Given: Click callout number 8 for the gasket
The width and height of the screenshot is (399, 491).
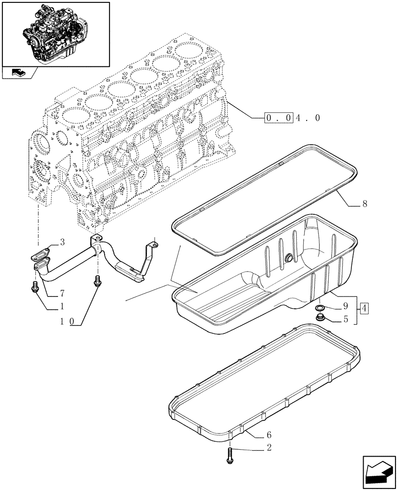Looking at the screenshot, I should [364, 204].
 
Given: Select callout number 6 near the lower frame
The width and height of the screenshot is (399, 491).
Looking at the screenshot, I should [268, 434].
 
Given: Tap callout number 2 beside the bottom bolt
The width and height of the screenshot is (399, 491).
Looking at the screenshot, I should [268, 447].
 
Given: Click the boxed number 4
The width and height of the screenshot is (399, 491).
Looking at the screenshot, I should [364, 309].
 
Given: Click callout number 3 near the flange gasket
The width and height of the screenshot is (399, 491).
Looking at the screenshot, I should [63, 242].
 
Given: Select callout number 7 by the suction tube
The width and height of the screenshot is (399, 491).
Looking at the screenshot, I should [62, 294].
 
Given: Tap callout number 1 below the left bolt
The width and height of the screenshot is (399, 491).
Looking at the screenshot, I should [62, 307].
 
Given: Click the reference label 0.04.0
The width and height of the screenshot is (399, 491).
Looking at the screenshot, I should [293, 118].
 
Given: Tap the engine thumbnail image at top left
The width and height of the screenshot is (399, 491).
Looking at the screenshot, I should [55, 33].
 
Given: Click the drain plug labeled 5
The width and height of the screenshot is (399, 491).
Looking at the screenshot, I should [320, 319].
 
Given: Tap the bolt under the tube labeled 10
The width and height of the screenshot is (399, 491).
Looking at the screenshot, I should [97, 282].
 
